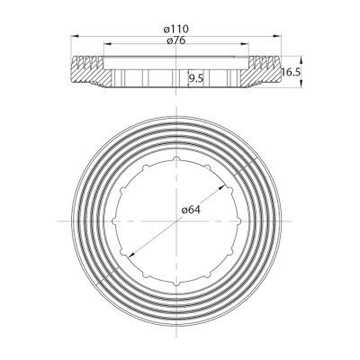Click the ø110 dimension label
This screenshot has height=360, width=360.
point(182,30)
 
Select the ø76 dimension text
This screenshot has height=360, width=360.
point(182,41)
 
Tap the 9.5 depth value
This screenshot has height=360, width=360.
point(195,79)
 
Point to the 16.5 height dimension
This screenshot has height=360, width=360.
point(290,72)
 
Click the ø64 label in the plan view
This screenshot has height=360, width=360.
point(191,210)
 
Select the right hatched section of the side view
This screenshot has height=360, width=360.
point(272,74)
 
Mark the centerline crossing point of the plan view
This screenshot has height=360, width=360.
point(180,220)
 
